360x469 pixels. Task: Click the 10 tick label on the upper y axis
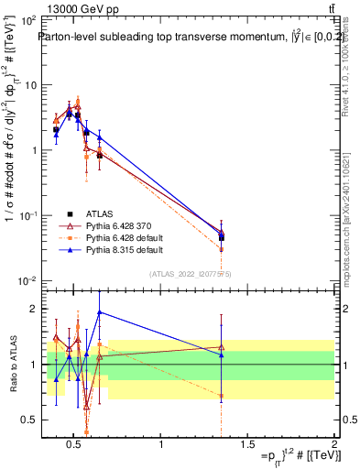[29, 85]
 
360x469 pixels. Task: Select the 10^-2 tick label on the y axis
[27, 280]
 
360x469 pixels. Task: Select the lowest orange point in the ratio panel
[86, 431]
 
